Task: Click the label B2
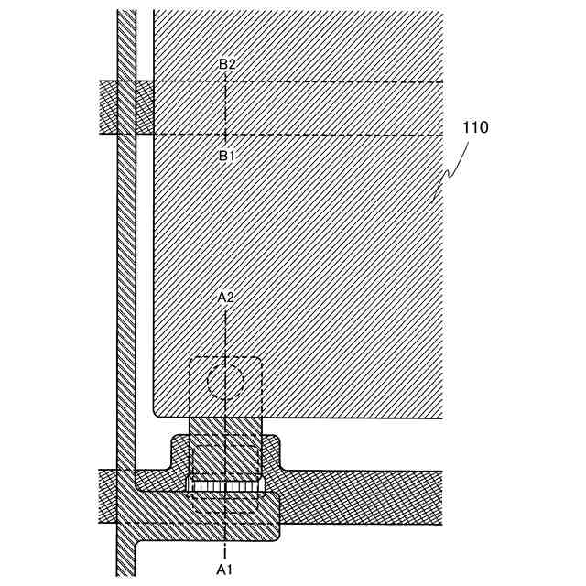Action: (227, 64)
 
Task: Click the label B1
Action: (227, 156)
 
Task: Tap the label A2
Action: (226, 298)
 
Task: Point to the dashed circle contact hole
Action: (225, 381)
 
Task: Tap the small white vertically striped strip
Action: (225, 483)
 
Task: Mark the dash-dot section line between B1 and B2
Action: (226, 108)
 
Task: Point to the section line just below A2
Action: (226, 330)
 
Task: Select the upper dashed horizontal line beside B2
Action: (348, 81)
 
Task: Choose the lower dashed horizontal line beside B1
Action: (348, 136)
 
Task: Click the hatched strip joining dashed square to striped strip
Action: (225, 429)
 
